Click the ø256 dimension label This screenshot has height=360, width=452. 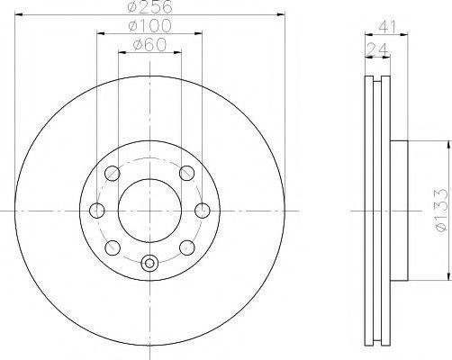click(x=150, y=6)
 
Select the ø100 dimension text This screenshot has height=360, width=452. click(x=149, y=26)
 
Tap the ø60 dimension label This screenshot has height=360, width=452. click(x=149, y=45)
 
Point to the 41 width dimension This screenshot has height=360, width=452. click(x=387, y=27)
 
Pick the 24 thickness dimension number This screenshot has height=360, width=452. click(x=377, y=49)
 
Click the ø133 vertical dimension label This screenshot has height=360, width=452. click(x=443, y=210)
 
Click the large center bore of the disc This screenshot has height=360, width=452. click(x=149, y=211)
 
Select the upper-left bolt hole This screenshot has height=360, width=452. click(x=113, y=174)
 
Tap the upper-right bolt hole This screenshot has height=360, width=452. click(x=186, y=173)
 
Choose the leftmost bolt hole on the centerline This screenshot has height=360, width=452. click(x=97, y=211)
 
